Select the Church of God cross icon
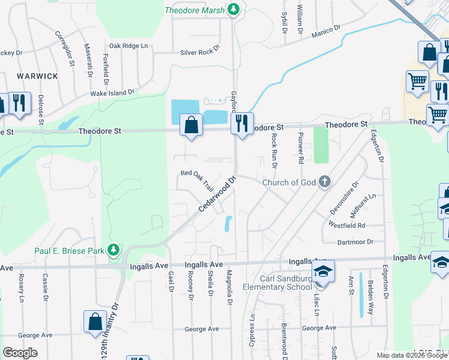point(325,181)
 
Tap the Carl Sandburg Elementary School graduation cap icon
point(322,271)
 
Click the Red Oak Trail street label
point(197,178)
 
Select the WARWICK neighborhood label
point(37,76)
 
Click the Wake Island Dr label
point(112,93)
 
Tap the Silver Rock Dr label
point(200,52)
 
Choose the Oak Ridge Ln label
point(127,46)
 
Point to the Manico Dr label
point(326,31)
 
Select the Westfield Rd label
point(347,225)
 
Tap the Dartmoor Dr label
point(355,241)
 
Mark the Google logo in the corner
point(20,353)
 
